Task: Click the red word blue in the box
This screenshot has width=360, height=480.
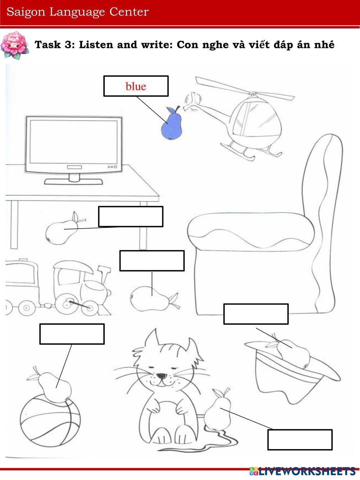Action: click(136, 86)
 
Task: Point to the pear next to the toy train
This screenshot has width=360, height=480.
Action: click(151, 299)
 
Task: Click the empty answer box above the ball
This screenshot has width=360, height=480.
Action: click(72, 334)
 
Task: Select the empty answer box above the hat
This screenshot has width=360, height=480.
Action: click(256, 314)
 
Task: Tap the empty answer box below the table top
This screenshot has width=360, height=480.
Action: click(131, 216)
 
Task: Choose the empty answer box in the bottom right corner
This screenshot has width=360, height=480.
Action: click(300, 440)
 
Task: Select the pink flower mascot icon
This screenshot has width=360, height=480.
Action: click(15, 45)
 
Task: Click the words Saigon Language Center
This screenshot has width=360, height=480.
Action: click(77, 12)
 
